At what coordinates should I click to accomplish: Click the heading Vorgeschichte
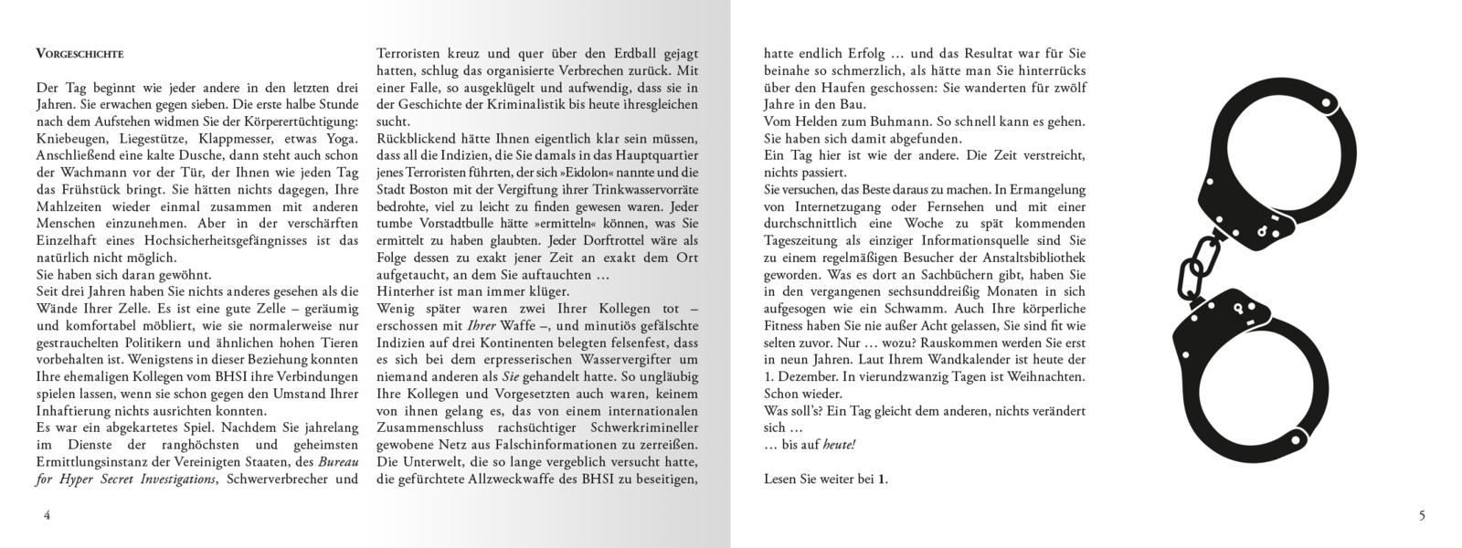(x=79, y=54)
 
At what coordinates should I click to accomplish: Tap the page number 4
(x=47, y=515)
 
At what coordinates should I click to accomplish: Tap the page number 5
(x=1422, y=515)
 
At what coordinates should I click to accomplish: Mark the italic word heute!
(x=838, y=445)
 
